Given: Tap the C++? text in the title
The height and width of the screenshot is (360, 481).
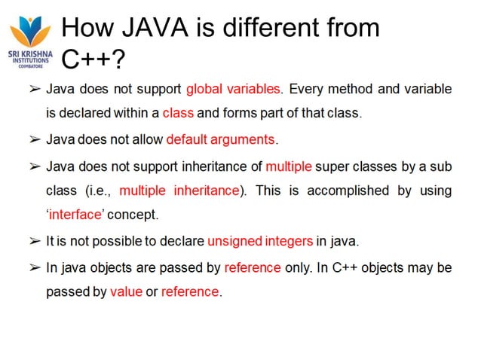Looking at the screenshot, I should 92,58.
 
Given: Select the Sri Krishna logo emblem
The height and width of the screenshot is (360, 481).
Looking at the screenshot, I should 29,30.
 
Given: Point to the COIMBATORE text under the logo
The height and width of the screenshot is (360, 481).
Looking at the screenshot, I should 29,66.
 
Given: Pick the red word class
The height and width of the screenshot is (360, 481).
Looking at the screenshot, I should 178,114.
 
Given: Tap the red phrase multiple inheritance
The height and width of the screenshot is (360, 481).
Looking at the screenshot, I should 179,190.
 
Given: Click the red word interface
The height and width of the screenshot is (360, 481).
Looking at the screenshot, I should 76,215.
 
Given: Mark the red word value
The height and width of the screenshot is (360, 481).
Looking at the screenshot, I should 126,291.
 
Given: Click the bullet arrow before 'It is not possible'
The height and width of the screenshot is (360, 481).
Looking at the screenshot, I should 34,241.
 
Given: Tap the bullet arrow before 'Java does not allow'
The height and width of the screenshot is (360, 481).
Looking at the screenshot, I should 34,139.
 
